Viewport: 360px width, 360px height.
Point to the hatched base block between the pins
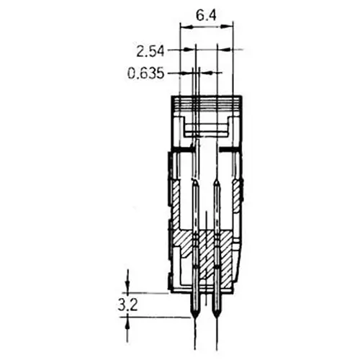pyautogui.click(x=207, y=256)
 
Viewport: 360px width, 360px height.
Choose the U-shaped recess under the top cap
pyautogui.click(x=207, y=131)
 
